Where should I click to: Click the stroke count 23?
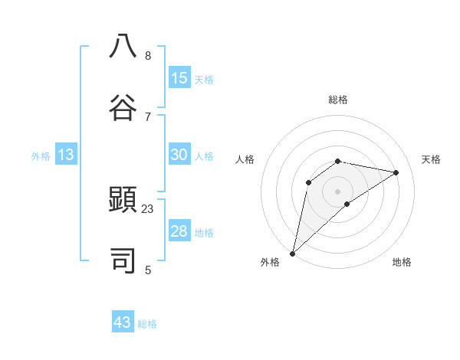pos(148,208)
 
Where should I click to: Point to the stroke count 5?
pos(148,270)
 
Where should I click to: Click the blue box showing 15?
pos(179,78)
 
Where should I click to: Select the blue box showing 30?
pos(179,155)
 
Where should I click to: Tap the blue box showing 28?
pos(179,231)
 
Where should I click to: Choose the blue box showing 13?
pos(66,155)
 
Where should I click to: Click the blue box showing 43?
pos(123,322)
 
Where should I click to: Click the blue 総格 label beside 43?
pos(147,324)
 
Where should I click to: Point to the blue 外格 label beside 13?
pos(41,156)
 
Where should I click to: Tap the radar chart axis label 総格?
pos(338,100)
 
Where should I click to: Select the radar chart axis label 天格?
pos(431,159)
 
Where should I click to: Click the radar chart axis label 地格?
pos(402,262)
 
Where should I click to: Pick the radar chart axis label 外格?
pos(270,262)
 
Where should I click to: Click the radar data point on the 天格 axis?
pos(396,172)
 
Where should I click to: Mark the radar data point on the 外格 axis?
pos(292,254)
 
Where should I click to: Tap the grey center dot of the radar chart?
pos(338,191)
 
